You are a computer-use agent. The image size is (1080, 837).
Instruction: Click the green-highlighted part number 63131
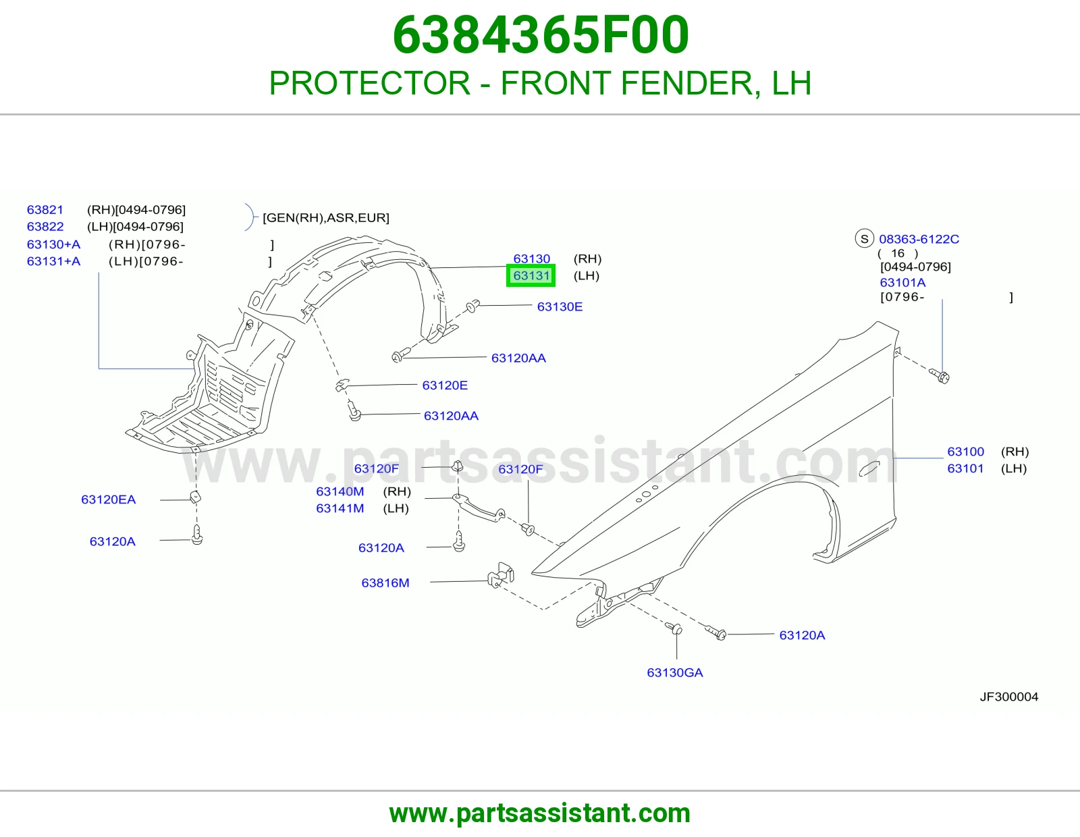(531, 275)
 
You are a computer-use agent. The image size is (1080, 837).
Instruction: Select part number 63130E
(560, 306)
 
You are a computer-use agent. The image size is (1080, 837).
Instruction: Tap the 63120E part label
(445, 385)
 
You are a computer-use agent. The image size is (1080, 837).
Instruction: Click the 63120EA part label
(109, 500)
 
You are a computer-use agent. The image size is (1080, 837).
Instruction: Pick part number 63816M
(385, 583)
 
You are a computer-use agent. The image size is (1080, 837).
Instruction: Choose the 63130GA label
(675, 672)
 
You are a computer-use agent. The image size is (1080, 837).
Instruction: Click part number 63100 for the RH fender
(966, 452)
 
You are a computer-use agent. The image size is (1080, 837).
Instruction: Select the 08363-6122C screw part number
(919, 239)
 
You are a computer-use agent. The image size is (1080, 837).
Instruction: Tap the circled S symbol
(864, 238)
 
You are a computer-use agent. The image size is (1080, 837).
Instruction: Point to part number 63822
(45, 227)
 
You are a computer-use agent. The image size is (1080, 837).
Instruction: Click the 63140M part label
(340, 491)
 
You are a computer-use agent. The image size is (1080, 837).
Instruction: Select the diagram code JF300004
(1009, 697)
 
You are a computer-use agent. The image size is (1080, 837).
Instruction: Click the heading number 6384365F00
(540, 35)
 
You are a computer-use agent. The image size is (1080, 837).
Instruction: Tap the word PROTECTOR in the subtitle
(370, 83)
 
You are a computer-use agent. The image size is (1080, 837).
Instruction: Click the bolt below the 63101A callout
(940, 376)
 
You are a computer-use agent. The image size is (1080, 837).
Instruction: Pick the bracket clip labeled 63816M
(501, 575)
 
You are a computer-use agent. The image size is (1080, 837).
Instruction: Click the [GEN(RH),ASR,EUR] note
(326, 218)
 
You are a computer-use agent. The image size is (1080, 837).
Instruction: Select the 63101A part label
(902, 283)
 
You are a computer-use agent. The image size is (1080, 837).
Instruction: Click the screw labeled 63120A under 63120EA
(197, 535)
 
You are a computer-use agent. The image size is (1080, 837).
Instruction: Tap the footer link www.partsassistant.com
(540, 813)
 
